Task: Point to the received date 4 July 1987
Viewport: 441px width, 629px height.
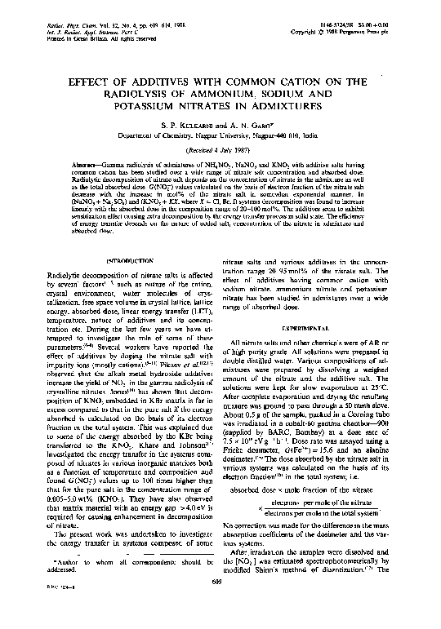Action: tap(220, 151)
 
